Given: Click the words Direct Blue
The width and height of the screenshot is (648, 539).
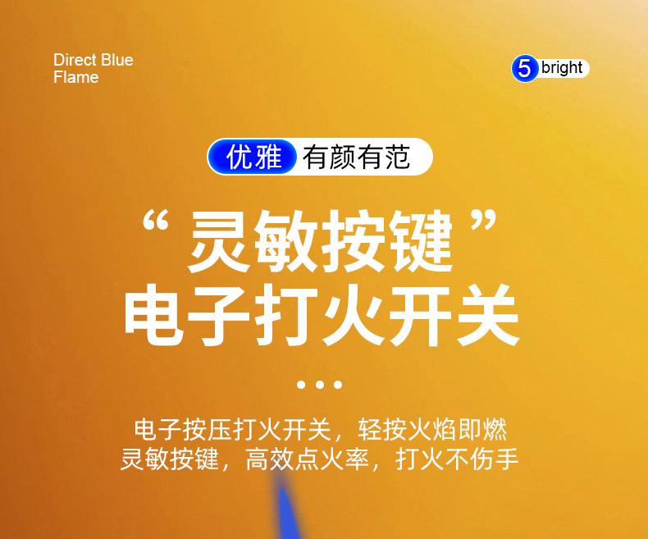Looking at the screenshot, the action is (94, 60).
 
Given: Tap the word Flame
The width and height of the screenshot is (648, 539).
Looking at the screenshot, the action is (76, 77).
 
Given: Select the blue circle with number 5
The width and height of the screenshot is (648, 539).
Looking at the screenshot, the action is (524, 69).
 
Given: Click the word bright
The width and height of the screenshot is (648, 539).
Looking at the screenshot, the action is (562, 67).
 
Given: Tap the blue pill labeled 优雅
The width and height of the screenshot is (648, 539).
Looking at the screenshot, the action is (252, 157).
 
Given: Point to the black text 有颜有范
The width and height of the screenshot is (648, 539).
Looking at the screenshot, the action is (356, 157).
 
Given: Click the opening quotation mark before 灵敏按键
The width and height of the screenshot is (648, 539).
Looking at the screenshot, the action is (155, 222).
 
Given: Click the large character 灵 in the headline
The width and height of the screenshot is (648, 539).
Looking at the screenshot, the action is (219, 240).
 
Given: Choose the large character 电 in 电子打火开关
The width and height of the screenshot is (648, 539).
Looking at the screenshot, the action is (154, 314).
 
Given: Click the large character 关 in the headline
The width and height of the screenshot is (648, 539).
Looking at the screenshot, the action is (487, 314).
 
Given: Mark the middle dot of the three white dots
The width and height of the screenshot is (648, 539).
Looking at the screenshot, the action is (319, 385).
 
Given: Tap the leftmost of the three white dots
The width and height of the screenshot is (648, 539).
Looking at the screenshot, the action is (301, 385).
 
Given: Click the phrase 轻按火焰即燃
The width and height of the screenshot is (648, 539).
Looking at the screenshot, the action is (432, 430).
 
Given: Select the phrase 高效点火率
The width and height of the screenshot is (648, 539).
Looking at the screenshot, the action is (307, 459).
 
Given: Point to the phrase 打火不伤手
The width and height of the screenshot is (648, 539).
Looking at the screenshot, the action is (457, 459).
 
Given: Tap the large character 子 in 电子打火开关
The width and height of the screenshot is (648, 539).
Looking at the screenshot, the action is (221, 314).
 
